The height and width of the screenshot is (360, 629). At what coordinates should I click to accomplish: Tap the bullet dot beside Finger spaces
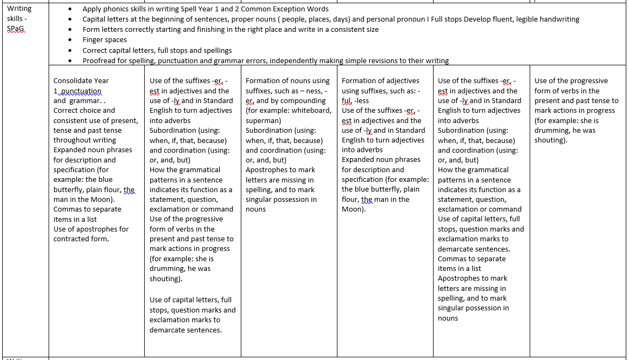71,40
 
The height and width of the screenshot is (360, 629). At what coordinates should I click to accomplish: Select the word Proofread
100,60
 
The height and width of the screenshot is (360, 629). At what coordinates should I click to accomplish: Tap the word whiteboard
312,111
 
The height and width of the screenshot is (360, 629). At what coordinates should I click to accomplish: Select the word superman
263,120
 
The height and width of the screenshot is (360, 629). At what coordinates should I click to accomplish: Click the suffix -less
362,101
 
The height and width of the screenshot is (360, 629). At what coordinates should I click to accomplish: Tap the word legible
530,19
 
